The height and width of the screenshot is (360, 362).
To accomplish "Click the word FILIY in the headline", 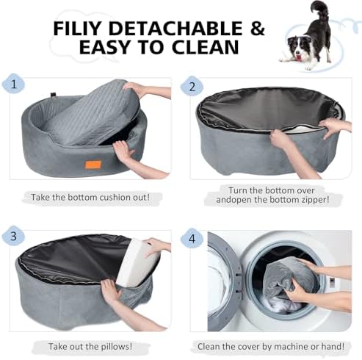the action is [77, 29].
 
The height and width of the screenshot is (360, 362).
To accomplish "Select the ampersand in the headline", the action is [257, 29].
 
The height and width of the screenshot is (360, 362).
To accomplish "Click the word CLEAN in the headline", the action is [205, 47].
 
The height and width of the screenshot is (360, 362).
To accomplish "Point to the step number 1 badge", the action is [13, 84].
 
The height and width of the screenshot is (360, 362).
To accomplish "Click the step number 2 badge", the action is [192, 87].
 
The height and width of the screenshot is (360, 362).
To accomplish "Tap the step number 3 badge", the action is [13, 236].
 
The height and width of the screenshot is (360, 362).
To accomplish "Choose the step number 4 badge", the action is [192, 238].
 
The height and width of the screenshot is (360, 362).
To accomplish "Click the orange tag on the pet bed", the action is [93, 165].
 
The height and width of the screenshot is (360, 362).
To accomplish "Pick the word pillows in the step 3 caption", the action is [116, 347].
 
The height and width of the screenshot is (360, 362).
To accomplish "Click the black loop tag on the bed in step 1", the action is [54, 95].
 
